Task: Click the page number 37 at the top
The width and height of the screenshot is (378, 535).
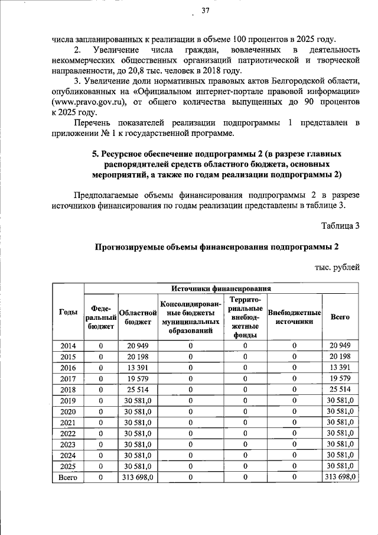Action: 205,10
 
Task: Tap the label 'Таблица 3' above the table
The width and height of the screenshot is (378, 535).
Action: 340,225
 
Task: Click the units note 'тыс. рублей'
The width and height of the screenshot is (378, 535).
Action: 337,267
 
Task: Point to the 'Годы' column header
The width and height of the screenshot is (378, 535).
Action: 68,312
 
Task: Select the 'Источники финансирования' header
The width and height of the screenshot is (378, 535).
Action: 221,288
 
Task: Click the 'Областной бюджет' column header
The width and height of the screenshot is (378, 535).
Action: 138,317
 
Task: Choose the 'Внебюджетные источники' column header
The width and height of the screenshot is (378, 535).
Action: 294,317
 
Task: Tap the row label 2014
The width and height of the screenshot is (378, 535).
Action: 68,346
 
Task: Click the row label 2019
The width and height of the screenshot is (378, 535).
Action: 68,400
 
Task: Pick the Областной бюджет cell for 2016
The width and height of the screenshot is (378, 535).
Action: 138,368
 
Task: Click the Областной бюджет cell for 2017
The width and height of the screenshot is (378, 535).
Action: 138,378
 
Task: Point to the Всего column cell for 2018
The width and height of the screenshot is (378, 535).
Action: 340,390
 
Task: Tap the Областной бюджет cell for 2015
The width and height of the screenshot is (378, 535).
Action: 138,356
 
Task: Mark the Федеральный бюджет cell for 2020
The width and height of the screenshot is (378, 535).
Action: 100,411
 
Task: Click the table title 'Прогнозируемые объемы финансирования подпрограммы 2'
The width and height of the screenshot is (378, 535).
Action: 217,247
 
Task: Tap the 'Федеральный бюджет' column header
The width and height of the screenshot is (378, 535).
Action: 100,317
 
